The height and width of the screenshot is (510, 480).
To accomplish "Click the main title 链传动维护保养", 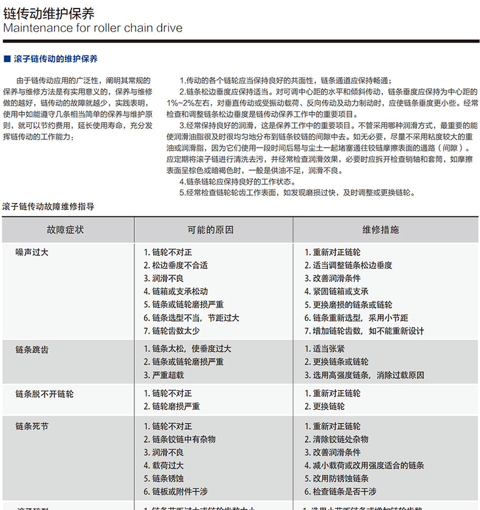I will pyautogui.click(x=49, y=13).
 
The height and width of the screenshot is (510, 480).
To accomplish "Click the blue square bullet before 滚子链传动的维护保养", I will pyautogui.click(x=7, y=59).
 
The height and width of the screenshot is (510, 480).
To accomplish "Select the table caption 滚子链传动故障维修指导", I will pyautogui.click(x=48, y=207).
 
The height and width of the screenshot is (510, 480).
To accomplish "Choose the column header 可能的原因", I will pyautogui.click(x=210, y=230).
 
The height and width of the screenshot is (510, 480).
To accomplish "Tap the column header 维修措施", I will pyautogui.click(x=381, y=230).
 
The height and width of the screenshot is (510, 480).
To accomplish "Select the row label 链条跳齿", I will pyautogui.click(x=32, y=350).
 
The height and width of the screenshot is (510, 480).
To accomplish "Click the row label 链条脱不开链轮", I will pyautogui.click(x=44, y=394).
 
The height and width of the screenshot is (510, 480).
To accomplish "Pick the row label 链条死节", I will pyautogui.click(x=32, y=426).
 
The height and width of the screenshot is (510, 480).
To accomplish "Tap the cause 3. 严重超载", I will pyautogui.click(x=163, y=376).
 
